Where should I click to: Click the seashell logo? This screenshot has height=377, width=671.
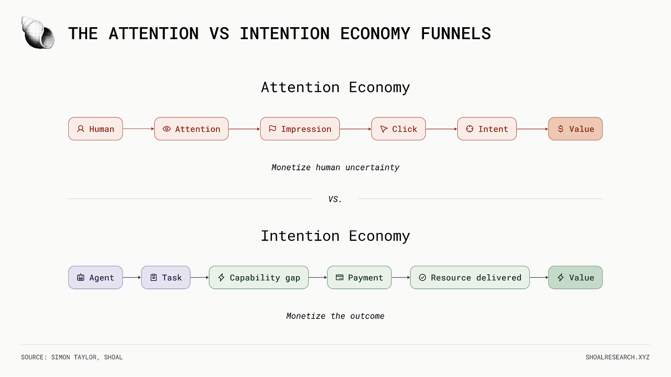pos(38,33)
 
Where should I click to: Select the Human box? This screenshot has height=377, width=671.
pos(95,129)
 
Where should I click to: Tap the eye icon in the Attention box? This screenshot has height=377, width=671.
pos(166,129)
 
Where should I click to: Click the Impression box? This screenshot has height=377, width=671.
pos(300,129)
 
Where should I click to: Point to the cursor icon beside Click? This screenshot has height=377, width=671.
pos(384,129)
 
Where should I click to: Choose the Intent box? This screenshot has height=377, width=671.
pos(487,129)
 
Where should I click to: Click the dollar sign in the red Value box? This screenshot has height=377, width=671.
pos(560,129)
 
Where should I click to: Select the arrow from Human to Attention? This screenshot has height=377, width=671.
pos(138,129)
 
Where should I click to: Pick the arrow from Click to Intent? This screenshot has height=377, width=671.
pos(441,129)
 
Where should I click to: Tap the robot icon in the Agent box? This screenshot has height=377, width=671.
pos(81,278)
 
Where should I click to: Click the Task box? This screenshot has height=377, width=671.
pos(165,278)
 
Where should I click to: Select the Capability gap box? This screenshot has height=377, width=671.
pos(259,278)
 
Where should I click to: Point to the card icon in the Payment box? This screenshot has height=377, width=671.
pos(339,278)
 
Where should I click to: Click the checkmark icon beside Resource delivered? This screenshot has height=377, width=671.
pos(422,278)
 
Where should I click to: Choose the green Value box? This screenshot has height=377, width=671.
pos(575,278)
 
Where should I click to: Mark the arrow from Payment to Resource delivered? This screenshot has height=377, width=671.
pos(401,278)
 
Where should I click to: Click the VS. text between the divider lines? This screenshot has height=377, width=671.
pos(335,199)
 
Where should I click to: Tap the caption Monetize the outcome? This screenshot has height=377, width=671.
pos(335,316)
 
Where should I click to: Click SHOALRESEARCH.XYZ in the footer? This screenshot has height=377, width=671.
pos(618,357)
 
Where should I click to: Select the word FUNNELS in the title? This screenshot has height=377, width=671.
pos(456,33)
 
